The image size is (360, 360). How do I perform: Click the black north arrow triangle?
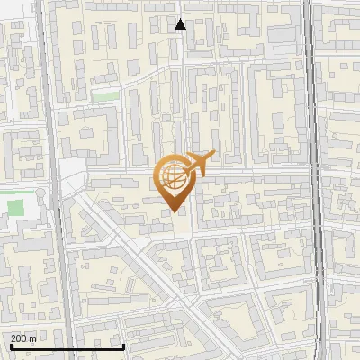[x=181, y=24]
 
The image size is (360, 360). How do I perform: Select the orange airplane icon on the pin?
[x=199, y=163]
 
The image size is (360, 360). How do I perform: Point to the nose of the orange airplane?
[x=213, y=154]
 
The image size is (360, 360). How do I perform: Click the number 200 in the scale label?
[x=20, y=338]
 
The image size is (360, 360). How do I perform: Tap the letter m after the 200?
[x=33, y=338]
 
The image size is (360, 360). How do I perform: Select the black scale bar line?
[x=63, y=346]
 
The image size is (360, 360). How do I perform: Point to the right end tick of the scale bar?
[x=122, y=345]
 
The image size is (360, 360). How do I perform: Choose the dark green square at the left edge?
[x=15, y=206]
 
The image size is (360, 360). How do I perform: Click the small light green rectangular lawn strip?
[x=105, y=94]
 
